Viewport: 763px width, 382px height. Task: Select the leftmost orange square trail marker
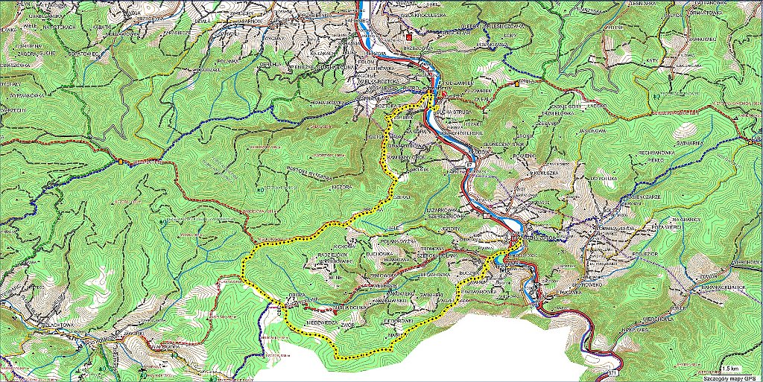point(120,160)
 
